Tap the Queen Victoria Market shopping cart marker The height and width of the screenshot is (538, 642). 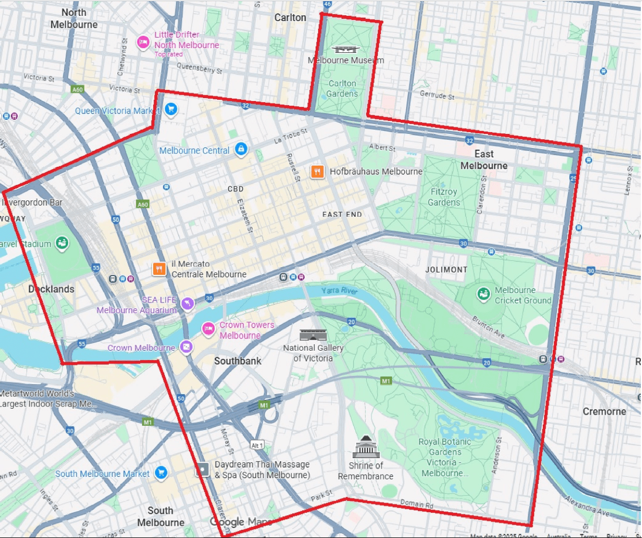coord(171,110)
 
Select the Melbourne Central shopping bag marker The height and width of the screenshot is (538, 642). coord(240,150)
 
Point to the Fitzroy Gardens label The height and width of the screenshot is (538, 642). coord(444,197)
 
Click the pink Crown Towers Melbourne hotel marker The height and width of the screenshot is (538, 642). coord(208,329)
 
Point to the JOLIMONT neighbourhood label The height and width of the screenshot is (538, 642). coord(446,270)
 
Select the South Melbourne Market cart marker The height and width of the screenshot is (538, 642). coord(161,473)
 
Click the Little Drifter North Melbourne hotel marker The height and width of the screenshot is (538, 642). coord(143,42)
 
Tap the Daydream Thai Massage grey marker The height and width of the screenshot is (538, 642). coord(202,469)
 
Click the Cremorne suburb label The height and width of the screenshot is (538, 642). coord(604,411)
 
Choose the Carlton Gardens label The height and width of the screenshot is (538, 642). coord(342,89)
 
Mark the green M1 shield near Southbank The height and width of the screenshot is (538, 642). coord(263,405)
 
